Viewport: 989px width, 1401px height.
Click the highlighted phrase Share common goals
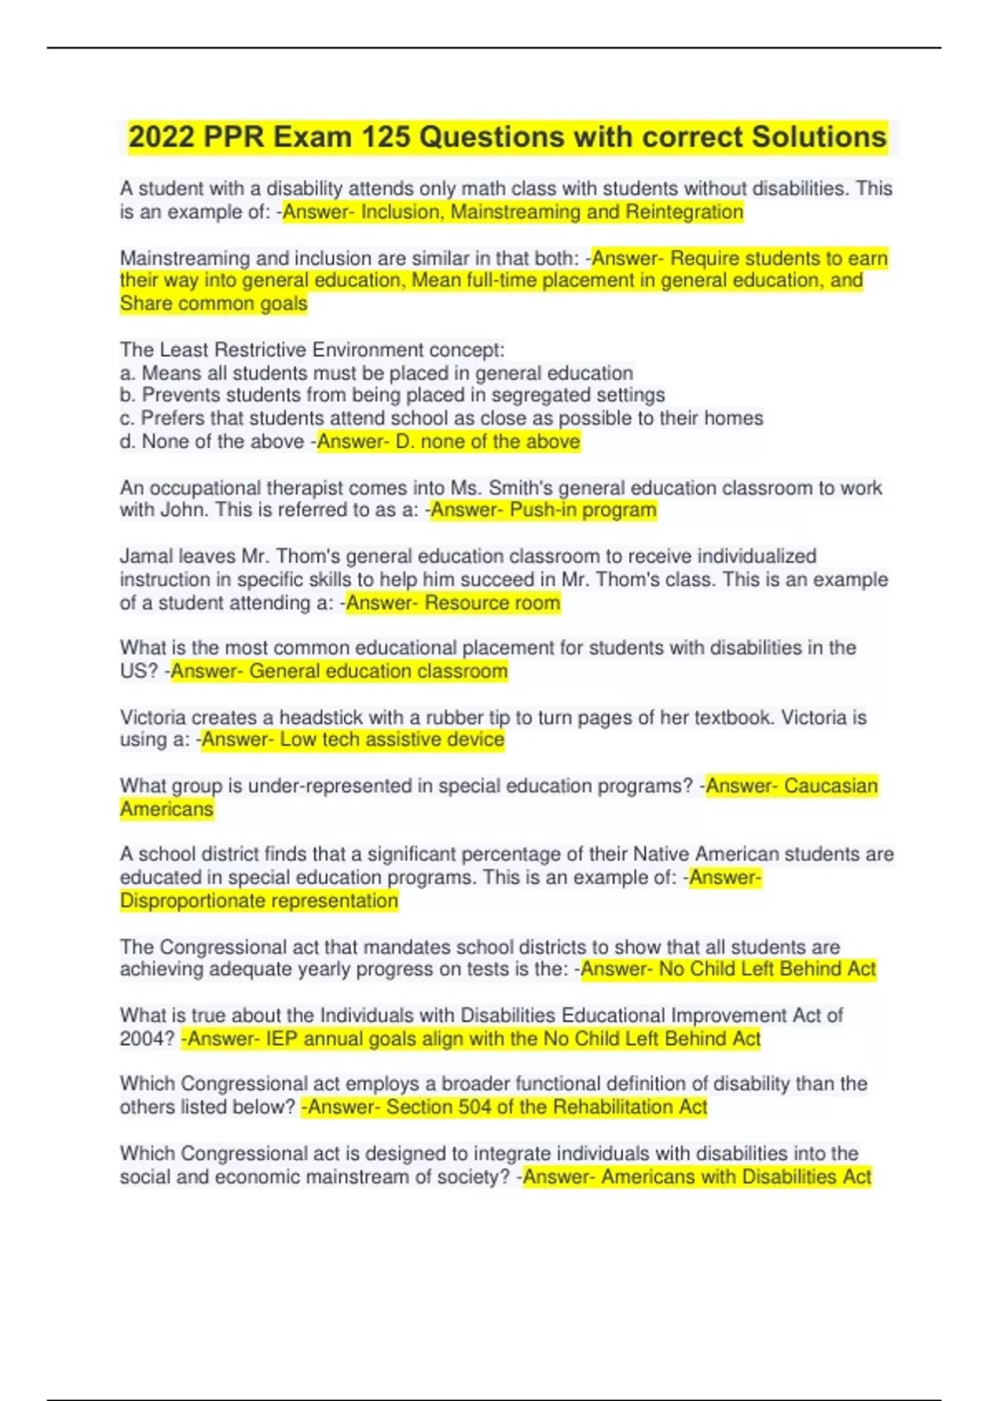[213, 303]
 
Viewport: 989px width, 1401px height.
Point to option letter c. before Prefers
[127, 418]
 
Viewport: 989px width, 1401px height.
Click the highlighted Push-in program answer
[583, 510]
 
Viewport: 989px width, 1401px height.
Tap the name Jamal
[145, 556]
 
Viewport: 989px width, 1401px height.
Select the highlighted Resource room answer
[492, 603]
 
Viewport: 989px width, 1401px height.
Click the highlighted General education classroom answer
[378, 671]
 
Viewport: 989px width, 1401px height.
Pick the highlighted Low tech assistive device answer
[391, 739]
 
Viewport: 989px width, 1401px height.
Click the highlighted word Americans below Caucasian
[166, 809]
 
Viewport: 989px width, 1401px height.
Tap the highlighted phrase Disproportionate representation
[259, 901]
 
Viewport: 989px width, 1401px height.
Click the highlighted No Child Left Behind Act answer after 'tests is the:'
[766, 969]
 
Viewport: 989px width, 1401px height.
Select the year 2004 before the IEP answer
[141, 1038]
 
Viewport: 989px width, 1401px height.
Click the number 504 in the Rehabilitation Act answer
[475, 1107]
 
